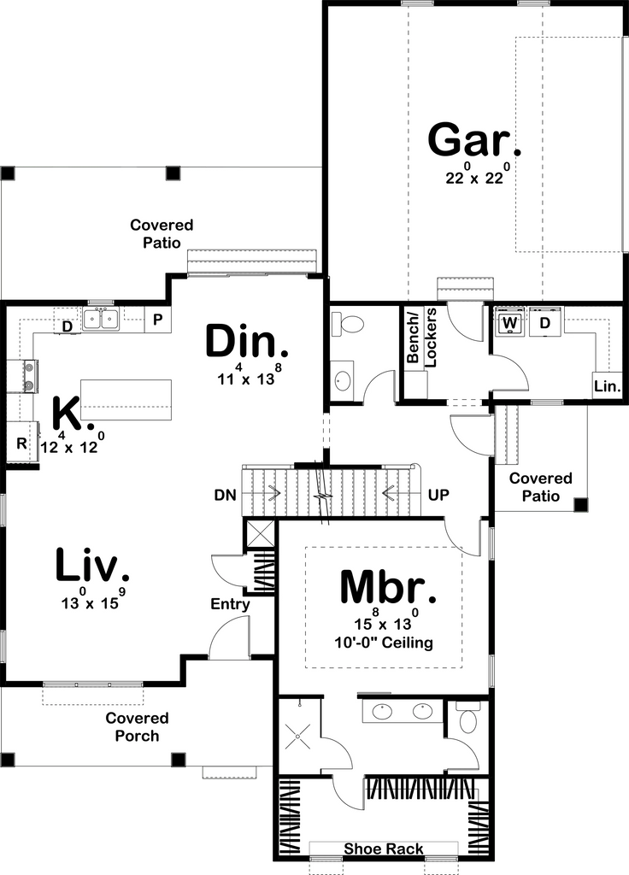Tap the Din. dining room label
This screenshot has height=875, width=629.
coord(247,343)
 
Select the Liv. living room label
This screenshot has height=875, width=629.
coord(92,566)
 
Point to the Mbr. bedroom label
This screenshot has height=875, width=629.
coord(388,588)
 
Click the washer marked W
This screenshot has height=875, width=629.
coord(511,323)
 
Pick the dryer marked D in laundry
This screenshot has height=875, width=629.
coord(544,323)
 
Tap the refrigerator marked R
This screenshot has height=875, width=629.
coord(21,443)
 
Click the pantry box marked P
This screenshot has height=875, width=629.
coord(158,320)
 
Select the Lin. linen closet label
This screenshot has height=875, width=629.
coord(607,386)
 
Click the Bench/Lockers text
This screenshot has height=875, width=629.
coord(420,338)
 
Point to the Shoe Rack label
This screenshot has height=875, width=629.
coord(383,849)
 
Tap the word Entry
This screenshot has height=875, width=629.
coord(231,605)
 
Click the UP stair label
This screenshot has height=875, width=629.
coord(438,495)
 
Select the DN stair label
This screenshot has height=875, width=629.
coord(226,495)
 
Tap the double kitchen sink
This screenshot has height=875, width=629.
coord(101,320)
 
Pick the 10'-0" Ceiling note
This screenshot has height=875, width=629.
coord(385,643)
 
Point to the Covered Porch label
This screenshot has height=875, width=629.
coord(137,726)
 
